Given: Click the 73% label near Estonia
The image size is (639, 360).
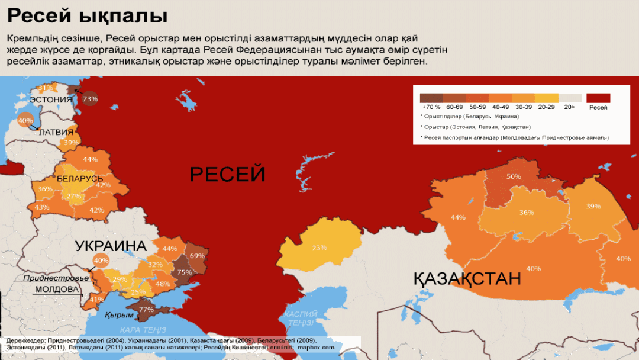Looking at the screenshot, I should [90, 99].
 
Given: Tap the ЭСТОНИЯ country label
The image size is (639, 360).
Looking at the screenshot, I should [51, 99].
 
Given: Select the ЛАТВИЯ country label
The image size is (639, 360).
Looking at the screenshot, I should [56, 132].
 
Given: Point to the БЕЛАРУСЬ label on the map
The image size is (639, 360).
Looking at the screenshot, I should [80, 178].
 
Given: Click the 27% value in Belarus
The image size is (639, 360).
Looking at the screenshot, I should [74, 196].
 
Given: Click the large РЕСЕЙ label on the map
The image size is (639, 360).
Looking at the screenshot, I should [227, 175].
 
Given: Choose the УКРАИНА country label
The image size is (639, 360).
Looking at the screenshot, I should [111, 246].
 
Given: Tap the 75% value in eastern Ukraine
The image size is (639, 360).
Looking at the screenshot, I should [185, 272].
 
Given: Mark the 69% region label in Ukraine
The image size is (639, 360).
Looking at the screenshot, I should [197, 256].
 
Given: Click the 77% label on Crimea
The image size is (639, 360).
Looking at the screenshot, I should [146, 309].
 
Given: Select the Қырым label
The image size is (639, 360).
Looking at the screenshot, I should [119, 315].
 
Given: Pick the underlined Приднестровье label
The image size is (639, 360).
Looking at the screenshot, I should [56, 278].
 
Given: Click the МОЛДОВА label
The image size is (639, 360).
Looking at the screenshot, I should [57, 290].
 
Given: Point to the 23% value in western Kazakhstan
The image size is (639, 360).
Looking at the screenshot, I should [319, 247].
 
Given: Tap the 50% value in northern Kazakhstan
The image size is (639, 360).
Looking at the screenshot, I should [514, 176].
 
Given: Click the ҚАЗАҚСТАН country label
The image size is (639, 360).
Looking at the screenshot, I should [467, 278].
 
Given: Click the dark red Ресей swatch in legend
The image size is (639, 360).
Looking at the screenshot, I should [598, 98].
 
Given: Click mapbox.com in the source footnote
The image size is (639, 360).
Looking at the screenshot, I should [316, 348].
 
